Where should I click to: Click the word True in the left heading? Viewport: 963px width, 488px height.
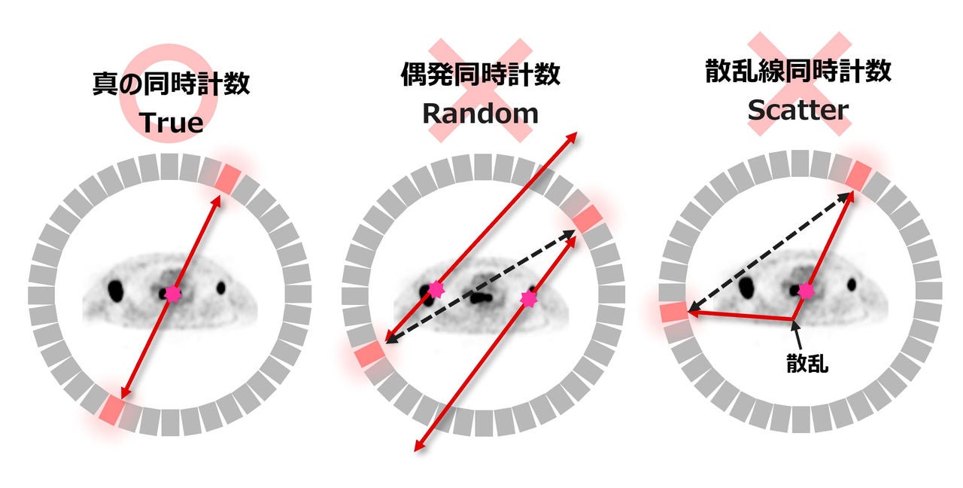click(x=171, y=123)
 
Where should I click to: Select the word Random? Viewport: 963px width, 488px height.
click(x=480, y=114)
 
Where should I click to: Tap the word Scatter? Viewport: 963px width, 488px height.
click(x=798, y=110)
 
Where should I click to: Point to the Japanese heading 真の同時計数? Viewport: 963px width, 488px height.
click(x=171, y=83)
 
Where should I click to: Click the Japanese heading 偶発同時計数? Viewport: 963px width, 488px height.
click(x=480, y=74)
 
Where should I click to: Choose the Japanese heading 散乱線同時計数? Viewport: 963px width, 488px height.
click(x=798, y=71)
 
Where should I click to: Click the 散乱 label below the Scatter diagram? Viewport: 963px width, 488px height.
click(x=807, y=364)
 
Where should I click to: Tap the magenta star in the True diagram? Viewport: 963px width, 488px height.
click(x=173, y=294)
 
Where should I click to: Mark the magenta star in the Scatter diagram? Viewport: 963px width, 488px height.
click(x=806, y=291)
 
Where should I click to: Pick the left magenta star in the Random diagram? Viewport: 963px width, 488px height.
click(x=436, y=290)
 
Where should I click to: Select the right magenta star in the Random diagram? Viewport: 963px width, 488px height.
click(x=528, y=299)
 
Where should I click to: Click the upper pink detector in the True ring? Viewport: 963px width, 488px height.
click(x=227, y=180)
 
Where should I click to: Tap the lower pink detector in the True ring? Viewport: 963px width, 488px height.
click(x=111, y=410)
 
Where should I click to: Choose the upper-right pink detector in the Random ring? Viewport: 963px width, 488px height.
click(x=588, y=218)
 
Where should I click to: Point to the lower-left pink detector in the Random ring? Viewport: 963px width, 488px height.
click(x=369, y=354)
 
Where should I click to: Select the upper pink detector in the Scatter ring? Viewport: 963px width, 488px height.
click(x=858, y=175)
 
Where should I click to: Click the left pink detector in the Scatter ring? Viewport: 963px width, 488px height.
click(x=674, y=312)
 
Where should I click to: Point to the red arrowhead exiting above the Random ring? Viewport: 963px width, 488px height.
click(x=572, y=137)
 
